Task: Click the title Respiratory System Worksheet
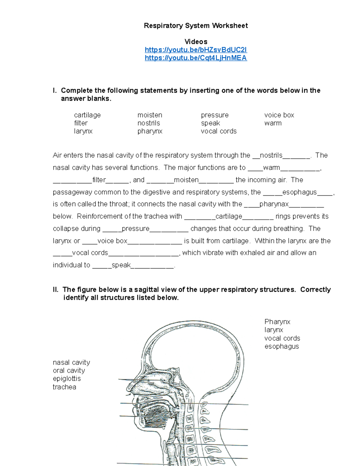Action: (x=196, y=26)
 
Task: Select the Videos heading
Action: (x=196, y=42)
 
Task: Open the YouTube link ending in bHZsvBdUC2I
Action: (x=196, y=50)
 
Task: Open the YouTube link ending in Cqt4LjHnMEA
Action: (x=196, y=58)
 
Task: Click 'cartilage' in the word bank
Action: (x=87, y=115)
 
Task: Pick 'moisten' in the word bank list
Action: (x=150, y=115)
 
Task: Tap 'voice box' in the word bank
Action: (x=279, y=115)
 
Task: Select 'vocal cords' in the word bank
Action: (x=219, y=131)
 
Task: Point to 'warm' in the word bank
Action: (x=273, y=123)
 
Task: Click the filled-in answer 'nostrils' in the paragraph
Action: (x=271, y=155)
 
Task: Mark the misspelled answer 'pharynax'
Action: (x=274, y=204)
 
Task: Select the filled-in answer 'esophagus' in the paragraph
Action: (x=299, y=192)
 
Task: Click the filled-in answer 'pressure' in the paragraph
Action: (x=136, y=229)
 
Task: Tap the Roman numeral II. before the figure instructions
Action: (x=55, y=290)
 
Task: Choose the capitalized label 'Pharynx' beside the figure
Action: (x=277, y=322)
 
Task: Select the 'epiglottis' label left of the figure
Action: (x=67, y=379)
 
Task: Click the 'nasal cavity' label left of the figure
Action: (x=71, y=362)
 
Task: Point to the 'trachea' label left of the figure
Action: (x=64, y=387)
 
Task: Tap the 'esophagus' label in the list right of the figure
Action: (x=281, y=347)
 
